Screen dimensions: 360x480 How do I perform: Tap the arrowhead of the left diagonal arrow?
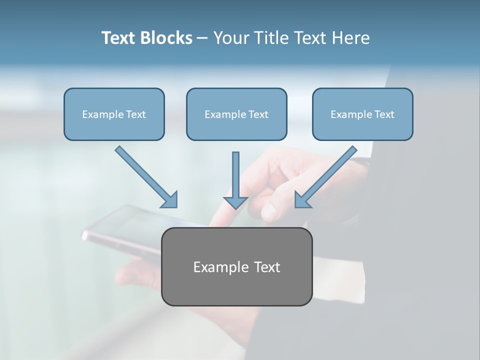pyautogui.click(x=170, y=200)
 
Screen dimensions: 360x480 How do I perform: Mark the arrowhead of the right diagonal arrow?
pyautogui.click(x=302, y=200)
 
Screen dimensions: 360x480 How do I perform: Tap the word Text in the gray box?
pyautogui.click(x=268, y=267)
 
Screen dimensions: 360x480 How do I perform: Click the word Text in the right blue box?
pyautogui.click(x=384, y=114)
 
